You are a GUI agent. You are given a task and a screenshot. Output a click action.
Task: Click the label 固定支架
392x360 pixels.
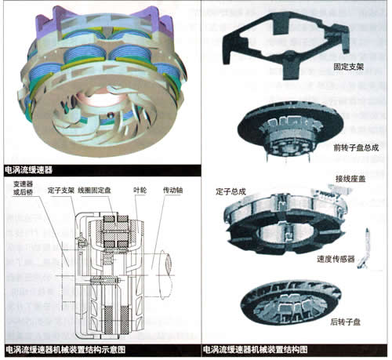tap(348, 67)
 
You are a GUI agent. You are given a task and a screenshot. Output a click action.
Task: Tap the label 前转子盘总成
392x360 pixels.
tap(356, 147)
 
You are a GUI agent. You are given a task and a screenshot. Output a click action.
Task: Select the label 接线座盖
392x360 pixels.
tap(350, 179)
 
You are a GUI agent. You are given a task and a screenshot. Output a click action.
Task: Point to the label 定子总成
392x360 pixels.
tap(230, 191)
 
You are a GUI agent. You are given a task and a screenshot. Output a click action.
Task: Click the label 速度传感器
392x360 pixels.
tap(336, 259)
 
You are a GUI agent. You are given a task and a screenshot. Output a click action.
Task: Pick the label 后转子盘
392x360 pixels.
tap(346, 322)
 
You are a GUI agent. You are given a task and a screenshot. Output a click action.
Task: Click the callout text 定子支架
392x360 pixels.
tap(61, 191)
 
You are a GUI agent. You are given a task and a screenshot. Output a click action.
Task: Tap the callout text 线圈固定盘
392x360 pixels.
tap(94, 191)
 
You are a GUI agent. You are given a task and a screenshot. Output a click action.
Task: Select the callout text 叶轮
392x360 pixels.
tap(140, 191)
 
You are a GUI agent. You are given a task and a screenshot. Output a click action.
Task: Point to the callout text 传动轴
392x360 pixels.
tap(173, 191)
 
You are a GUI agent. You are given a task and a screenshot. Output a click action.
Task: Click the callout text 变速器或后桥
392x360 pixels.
tap(24, 188)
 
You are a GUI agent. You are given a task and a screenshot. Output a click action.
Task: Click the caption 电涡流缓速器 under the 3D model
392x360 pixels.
tap(29, 170)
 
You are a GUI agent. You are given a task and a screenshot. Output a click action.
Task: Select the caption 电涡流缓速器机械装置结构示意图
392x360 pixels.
tap(65, 350)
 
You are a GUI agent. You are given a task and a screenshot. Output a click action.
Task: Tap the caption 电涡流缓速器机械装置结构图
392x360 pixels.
tap(256, 350)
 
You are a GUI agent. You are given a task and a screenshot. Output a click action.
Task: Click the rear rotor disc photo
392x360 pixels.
tap(291, 303)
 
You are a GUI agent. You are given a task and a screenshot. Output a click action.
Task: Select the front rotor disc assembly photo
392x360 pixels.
tap(290, 128)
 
